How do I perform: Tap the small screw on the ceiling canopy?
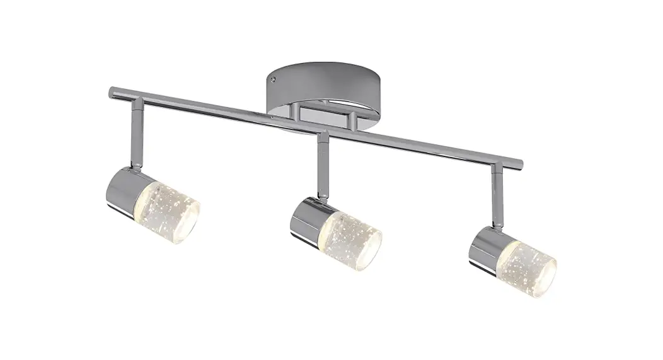coord(274,79)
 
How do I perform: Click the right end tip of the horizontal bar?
coord(520,162)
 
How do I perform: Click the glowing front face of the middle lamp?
coord(367,240)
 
